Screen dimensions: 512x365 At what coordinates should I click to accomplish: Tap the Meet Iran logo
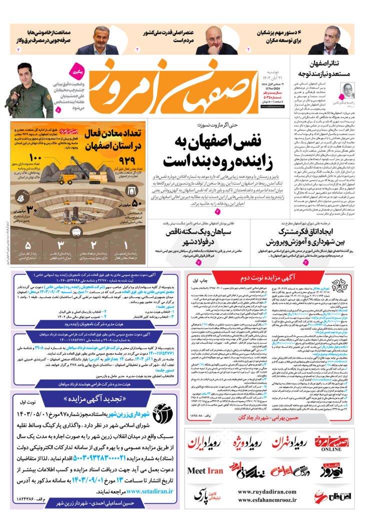coord(205,470)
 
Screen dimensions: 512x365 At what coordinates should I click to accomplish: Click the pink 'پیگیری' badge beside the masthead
coord(74,65)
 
